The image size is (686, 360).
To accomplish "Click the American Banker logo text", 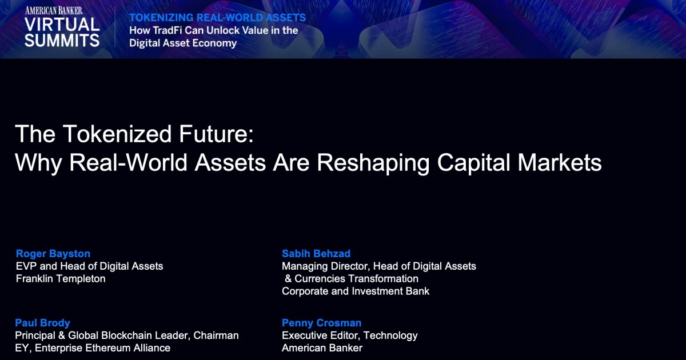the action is click(x=54, y=11).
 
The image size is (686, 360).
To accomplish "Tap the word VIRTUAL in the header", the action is click(x=62, y=25).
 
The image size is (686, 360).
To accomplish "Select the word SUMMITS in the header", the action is click(x=62, y=41).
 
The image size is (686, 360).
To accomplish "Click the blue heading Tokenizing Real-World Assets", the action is click(x=217, y=18).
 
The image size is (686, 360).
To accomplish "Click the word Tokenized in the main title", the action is click(x=117, y=134).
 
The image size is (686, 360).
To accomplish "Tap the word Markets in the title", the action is click(x=560, y=162).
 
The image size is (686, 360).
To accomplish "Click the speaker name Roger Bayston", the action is click(x=53, y=254).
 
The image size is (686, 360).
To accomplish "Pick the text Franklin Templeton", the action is click(x=61, y=279).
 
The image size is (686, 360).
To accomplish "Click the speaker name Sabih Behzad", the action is click(x=316, y=254).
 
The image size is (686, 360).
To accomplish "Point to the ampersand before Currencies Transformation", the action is click(x=288, y=279).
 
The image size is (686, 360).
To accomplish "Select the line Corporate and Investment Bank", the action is click(x=356, y=291).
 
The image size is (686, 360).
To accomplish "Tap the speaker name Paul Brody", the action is click(x=42, y=323).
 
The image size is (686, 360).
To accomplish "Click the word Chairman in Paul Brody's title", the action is click(x=216, y=335).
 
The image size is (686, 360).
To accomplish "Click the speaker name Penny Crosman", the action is click(x=321, y=323).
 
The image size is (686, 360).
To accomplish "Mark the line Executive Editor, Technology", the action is click(x=350, y=335).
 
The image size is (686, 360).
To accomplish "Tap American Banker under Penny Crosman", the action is click(x=322, y=348).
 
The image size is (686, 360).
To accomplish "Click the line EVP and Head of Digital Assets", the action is click(x=89, y=266).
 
